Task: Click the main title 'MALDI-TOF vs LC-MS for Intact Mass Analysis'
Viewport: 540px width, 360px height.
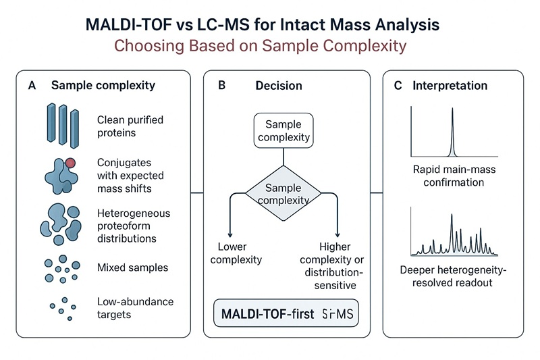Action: (x=269, y=26)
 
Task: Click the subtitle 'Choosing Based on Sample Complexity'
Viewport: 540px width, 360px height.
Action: (x=269, y=47)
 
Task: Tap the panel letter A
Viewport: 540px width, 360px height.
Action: (x=32, y=86)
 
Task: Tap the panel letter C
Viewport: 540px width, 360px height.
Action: (x=398, y=86)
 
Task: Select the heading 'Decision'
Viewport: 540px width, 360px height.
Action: (x=278, y=86)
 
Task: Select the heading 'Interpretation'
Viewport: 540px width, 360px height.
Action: (x=450, y=86)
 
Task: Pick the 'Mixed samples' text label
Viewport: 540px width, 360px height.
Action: (x=132, y=267)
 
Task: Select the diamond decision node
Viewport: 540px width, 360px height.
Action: (x=288, y=193)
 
